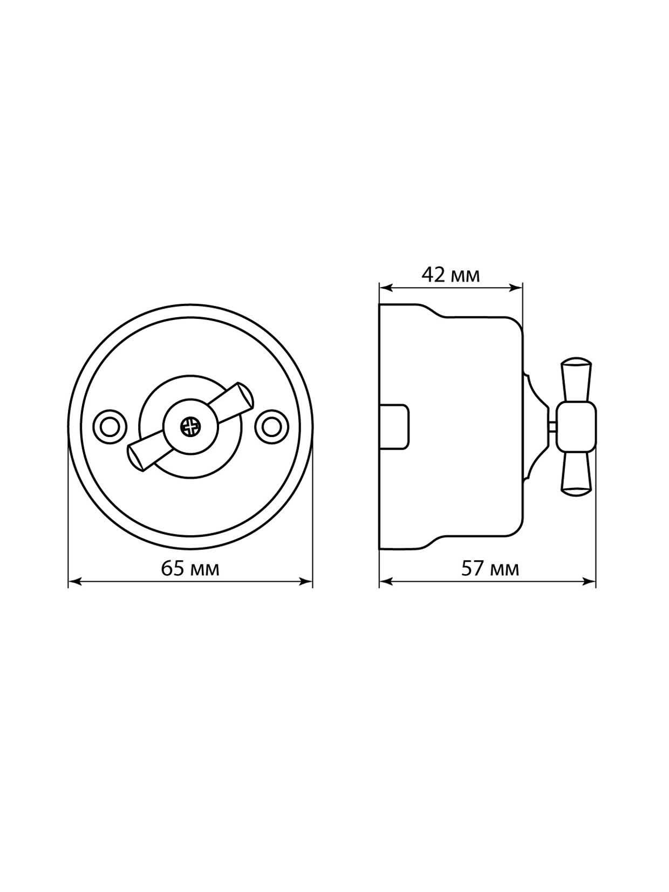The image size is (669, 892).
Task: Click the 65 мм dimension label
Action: (x=190, y=568)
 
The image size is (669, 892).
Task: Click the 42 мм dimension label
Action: (x=451, y=275)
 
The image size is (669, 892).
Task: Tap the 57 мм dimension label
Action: (x=490, y=569)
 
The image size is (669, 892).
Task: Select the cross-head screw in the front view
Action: (x=190, y=427)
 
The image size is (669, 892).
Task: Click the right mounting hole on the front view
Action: (x=270, y=427)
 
